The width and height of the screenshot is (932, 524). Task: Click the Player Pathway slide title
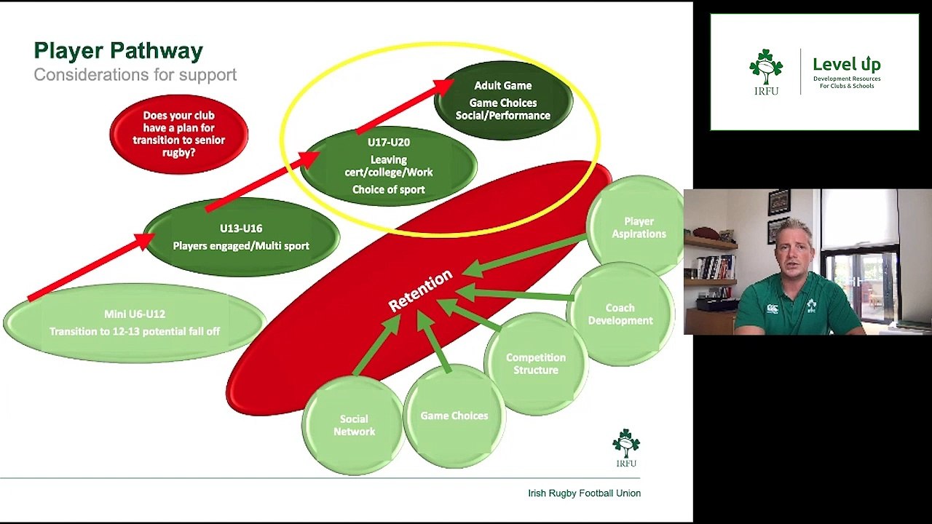[118, 51]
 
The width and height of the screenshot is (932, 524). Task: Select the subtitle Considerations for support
[135, 75]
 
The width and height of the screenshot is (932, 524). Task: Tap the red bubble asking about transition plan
[179, 134]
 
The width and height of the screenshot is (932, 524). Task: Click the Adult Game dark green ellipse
[503, 100]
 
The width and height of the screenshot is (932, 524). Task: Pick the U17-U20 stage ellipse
[389, 166]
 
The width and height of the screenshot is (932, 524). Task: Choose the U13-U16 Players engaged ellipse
[241, 237]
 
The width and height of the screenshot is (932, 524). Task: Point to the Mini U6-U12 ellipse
[135, 322]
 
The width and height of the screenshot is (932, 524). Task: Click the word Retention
[420, 290]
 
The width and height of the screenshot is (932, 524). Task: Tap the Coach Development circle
[620, 314]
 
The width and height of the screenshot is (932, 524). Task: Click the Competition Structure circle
[536, 364]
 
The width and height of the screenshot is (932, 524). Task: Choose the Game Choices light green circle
[454, 416]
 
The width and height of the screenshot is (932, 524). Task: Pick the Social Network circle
[354, 425]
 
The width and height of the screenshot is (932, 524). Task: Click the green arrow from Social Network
[376, 344]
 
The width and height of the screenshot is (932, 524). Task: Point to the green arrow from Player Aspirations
[524, 256]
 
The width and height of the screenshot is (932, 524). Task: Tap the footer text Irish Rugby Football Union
[584, 493]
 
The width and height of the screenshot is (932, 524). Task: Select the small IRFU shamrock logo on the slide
[626, 448]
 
